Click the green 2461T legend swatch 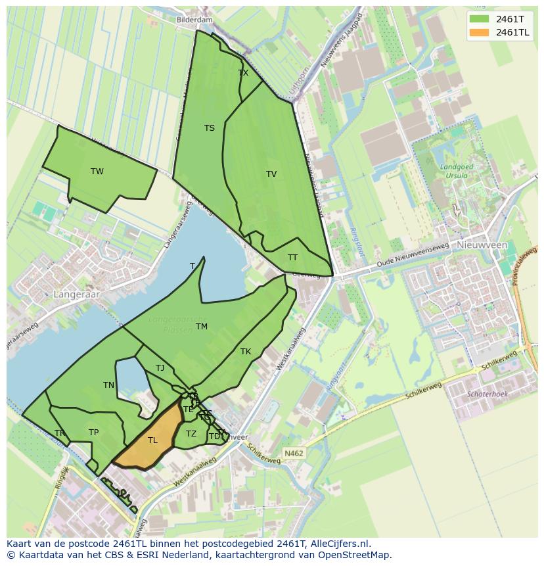480,19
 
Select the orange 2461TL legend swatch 480,32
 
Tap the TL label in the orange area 152,440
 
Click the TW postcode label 97,172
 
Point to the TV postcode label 271,174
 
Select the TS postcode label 210,128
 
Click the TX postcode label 243,73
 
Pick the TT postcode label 292,258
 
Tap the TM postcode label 202,327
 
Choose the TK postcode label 246,352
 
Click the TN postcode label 109,385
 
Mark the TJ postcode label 160,368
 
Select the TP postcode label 94,433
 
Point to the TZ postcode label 191,434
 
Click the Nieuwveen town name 482,245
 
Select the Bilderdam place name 194,20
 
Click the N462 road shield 294,453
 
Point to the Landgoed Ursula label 457,172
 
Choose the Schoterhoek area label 487,394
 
